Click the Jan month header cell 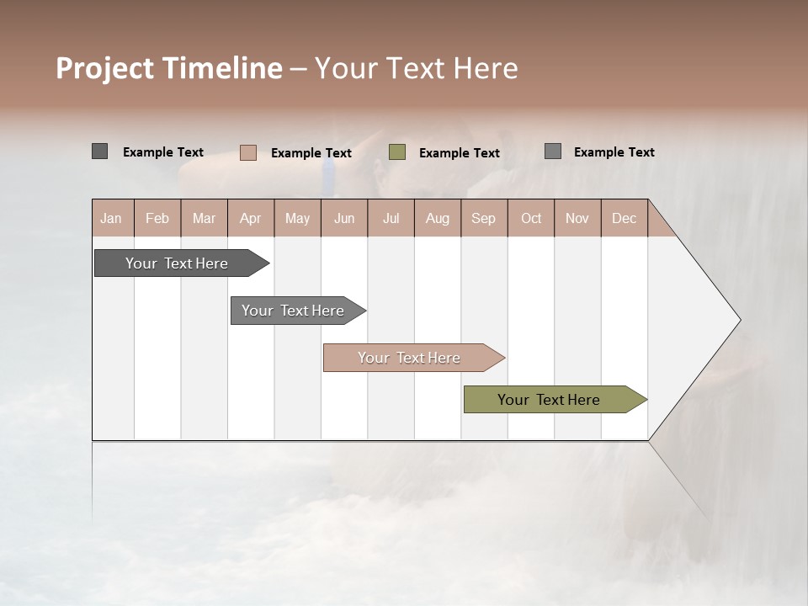(x=112, y=218)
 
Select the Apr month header (x=251, y=218)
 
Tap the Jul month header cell (x=391, y=218)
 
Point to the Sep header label (x=483, y=218)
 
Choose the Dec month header (x=624, y=218)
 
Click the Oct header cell (x=531, y=218)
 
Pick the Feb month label (x=157, y=218)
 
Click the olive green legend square (x=397, y=152)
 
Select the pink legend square (x=248, y=152)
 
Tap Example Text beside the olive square (x=460, y=153)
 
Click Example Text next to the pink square (x=311, y=153)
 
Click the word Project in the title (x=104, y=68)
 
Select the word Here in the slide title (x=486, y=68)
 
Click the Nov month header (x=577, y=218)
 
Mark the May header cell (x=297, y=218)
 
